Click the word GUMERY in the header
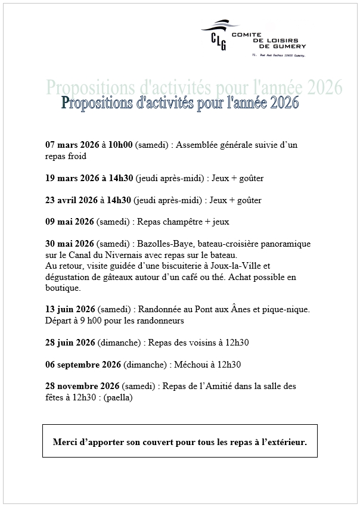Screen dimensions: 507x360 tap(290, 46)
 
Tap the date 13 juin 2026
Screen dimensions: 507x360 tap(70, 309)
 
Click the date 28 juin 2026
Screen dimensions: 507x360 tap(70, 342)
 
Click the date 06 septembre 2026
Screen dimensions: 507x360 tap(83, 364)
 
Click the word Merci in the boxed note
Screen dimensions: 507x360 tap(65, 443)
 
